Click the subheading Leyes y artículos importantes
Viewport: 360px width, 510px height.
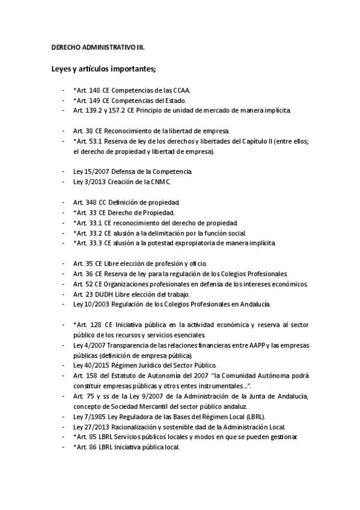click(x=103, y=69)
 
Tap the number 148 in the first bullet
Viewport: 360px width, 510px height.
click(x=95, y=90)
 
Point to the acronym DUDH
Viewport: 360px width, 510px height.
click(x=100, y=294)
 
